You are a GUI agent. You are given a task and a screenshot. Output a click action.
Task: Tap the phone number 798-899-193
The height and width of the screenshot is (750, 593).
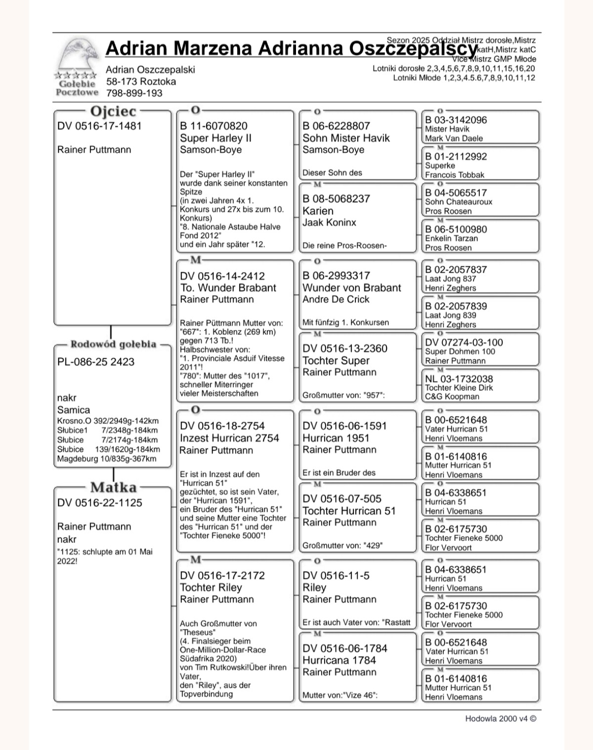tap(134, 93)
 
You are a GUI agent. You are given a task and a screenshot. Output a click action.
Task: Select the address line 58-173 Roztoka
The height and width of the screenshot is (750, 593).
tap(141, 82)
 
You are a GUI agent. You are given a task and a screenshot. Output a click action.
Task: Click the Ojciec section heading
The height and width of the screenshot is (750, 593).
tap(113, 111)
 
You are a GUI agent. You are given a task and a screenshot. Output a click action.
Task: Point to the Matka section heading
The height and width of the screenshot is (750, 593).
tap(113, 488)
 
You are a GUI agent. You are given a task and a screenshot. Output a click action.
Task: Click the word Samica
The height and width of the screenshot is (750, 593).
tap(74, 410)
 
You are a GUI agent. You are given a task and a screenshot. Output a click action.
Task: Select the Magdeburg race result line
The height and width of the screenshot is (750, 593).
tap(107, 458)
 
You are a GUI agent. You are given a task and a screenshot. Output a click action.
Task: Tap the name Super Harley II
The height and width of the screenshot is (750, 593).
tap(215, 138)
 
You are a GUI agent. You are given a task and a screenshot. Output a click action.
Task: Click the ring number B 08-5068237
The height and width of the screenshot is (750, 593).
tap(336, 199)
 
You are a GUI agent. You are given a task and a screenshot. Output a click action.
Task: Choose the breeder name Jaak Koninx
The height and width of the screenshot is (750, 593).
tap(329, 222)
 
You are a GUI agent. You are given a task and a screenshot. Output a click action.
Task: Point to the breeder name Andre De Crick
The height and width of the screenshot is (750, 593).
tap(336, 299)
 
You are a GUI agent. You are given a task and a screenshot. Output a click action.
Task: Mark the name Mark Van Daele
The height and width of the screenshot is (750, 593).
tap(454, 138)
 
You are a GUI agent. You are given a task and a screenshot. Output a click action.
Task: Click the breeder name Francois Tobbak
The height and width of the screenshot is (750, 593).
tap(455, 175)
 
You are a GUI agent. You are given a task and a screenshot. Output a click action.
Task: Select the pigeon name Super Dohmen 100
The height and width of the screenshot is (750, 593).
tap(460, 351)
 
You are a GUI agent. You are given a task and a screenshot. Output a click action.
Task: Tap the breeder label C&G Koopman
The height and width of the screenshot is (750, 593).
tap(452, 396)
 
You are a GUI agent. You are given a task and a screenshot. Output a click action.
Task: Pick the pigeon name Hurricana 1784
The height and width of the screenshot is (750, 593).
tap(339, 660)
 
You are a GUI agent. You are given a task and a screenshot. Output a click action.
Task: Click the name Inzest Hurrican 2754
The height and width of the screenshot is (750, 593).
tap(229, 438)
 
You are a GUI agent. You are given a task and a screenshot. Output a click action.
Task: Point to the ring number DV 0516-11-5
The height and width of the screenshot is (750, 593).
tap(336, 576)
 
